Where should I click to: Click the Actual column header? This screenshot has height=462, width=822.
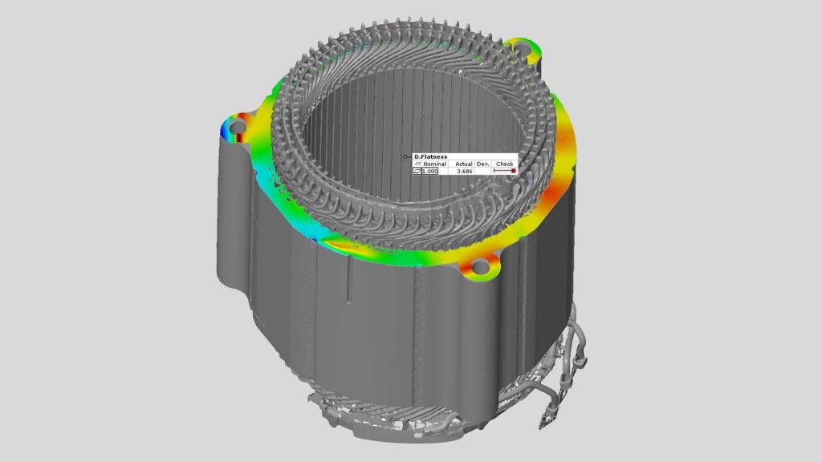464,164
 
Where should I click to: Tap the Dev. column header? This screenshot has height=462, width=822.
483,164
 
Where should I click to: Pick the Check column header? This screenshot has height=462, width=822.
505,164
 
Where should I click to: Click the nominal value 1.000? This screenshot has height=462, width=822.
430,172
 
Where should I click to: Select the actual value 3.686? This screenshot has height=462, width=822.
464,172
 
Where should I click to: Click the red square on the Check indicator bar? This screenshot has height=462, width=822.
513,171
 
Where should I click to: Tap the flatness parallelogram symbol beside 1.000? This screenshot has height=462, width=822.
417,172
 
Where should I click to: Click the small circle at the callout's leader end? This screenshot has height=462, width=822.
406,156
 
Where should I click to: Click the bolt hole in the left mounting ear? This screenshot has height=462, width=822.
238,127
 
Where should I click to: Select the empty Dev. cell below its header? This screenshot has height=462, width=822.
483,172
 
